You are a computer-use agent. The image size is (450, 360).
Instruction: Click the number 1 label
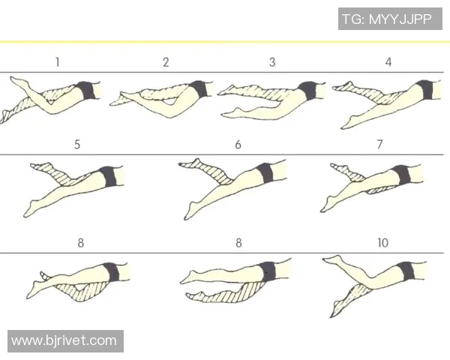tap(58, 62)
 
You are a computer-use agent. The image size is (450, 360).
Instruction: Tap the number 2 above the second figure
tap(166, 62)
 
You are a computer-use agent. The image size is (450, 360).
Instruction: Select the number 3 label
tap(272, 62)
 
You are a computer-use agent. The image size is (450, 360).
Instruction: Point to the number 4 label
tap(388, 62)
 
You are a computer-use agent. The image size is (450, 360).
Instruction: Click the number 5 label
tap(77, 145)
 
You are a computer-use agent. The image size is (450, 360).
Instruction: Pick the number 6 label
tap(238, 145)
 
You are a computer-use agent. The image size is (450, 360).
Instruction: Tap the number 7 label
tap(379, 145)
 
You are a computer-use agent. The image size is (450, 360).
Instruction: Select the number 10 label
tap(382, 243)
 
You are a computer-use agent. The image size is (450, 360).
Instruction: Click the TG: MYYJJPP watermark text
tap(387, 19)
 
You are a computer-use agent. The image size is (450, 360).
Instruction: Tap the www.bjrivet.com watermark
tap(64, 340)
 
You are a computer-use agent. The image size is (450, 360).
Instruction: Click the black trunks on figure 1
tap(86, 91)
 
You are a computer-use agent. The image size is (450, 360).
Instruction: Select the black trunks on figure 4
tap(424, 89)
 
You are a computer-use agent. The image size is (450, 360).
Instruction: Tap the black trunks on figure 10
tap(406, 271)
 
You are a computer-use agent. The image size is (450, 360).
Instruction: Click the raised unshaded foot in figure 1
tap(18, 81)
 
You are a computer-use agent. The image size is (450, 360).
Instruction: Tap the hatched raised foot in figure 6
tap(190, 163)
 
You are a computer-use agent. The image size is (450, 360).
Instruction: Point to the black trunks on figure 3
tap(307, 91)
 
